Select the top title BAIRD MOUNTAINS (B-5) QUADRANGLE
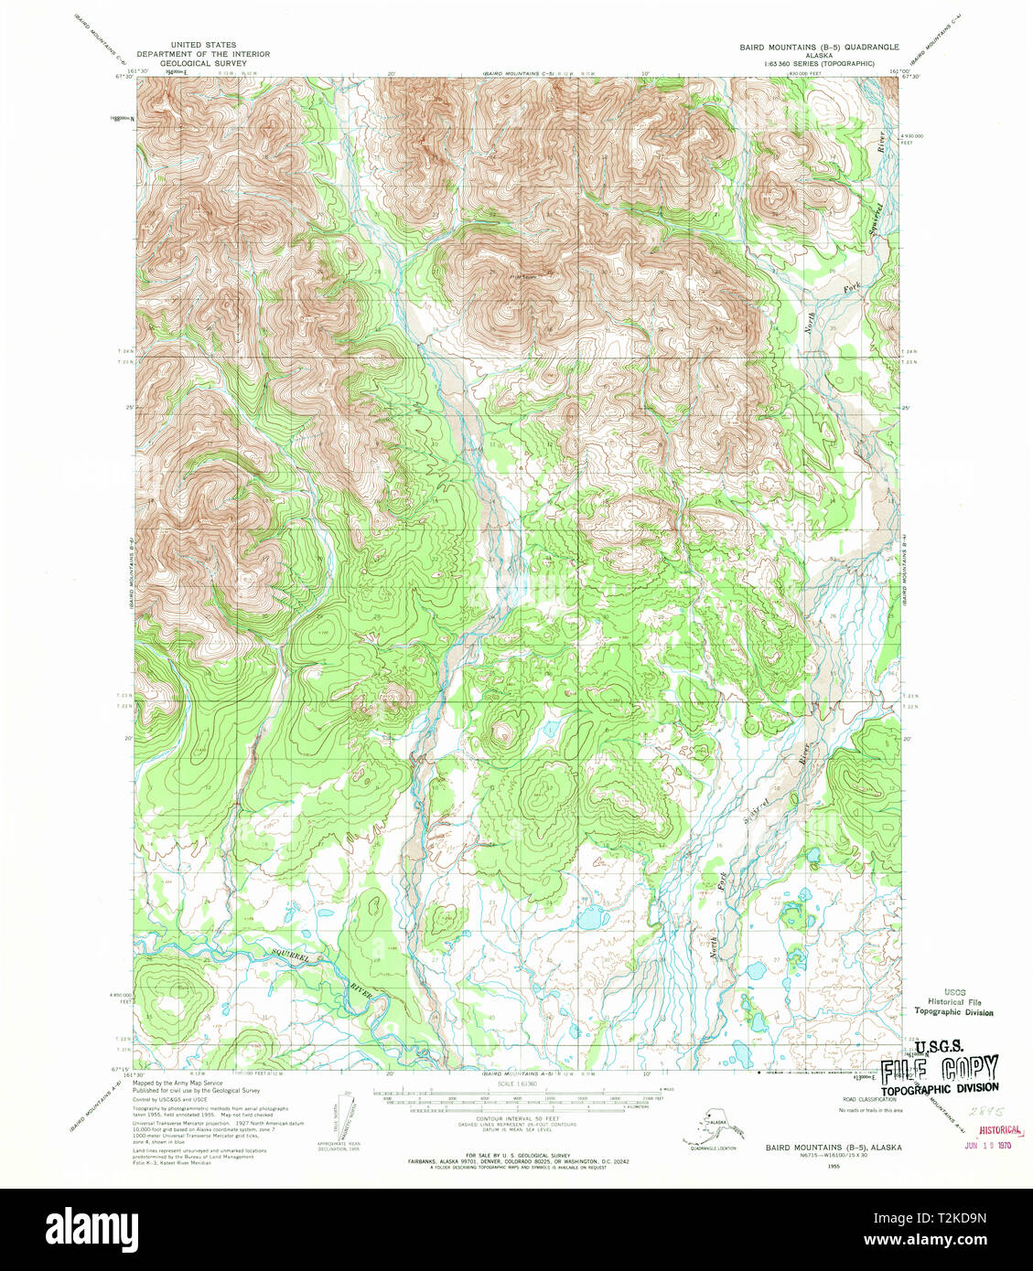coord(819,46)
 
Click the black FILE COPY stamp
coord(940,1070)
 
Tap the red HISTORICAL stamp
coord(994,1129)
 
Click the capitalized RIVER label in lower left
coord(366,991)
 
